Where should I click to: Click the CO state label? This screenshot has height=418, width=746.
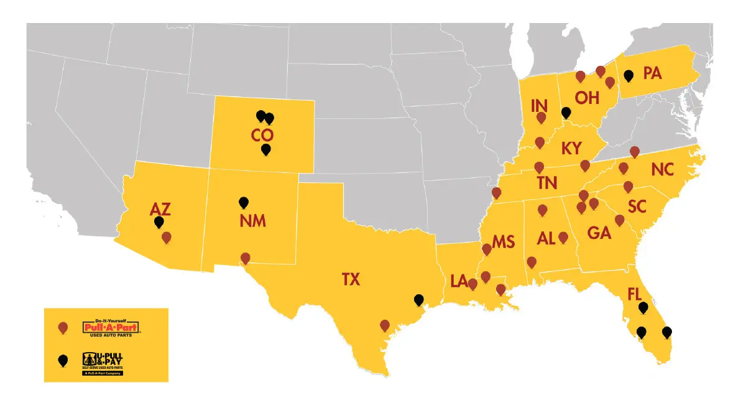click(262, 135)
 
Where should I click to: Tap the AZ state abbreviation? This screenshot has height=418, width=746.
click(160, 209)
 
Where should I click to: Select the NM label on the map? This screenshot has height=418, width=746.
click(252, 221)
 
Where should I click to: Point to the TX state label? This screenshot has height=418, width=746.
click(351, 280)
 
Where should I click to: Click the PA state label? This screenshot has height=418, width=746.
click(652, 73)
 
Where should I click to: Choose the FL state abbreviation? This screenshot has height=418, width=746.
click(635, 294)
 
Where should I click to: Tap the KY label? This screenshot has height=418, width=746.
click(571, 149)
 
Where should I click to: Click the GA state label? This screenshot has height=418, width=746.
click(599, 234)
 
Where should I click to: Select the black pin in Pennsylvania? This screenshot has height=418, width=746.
click(629, 76)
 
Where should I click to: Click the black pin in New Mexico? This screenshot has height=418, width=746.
click(244, 202)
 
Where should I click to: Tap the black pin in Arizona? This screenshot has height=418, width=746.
click(159, 221)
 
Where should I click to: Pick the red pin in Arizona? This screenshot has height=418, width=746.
click(167, 237)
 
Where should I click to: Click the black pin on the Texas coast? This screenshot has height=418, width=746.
click(419, 300)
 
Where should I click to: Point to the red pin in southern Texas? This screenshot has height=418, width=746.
click(385, 325)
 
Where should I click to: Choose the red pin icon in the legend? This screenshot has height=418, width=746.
click(62, 327)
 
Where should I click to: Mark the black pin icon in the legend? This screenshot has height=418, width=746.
click(62, 360)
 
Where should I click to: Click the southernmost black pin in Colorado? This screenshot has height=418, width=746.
click(266, 149)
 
